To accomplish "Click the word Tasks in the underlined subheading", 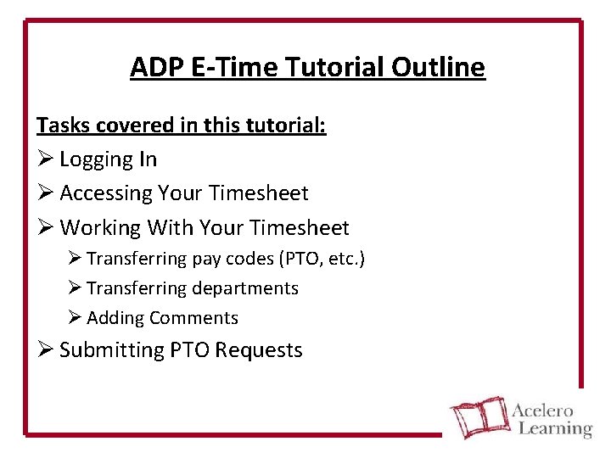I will pos(61,126).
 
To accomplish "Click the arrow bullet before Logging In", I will pos(45,159).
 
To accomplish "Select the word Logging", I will pos(97,159).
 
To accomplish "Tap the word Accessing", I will pos(105,193).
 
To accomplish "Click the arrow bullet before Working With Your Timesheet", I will pos(45,228).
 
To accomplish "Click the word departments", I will pos(244,288).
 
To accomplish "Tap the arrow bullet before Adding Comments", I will pos(74,318).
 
